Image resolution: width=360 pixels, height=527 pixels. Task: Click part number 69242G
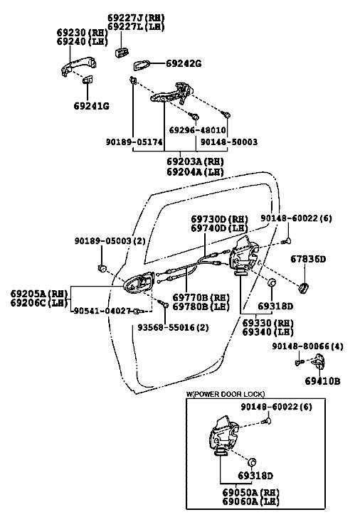(184, 63)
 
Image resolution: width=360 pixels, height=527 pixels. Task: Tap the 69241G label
(92, 106)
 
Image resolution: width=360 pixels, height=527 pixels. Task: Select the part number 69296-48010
(197, 129)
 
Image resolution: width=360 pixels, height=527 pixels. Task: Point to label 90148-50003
(229, 142)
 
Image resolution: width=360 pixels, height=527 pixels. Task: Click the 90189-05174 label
(134, 142)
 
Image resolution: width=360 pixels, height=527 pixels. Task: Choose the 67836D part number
(308, 259)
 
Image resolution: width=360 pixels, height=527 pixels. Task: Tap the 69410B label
(323, 380)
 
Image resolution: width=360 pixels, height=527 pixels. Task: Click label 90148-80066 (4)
(307, 346)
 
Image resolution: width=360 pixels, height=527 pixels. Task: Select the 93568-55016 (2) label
(173, 327)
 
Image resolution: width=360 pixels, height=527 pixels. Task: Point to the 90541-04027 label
(102, 311)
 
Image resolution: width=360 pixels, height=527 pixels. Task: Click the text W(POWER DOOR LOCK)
(226, 394)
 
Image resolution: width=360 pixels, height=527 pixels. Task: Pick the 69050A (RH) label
(250, 492)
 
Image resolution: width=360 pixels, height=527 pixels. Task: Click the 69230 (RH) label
(82, 32)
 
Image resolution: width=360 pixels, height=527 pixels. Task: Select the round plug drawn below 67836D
(304, 288)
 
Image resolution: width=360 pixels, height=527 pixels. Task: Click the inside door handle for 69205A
(139, 282)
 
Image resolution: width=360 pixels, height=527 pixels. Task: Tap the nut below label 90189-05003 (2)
(102, 268)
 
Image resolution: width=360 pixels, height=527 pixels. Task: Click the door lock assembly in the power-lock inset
(223, 435)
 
